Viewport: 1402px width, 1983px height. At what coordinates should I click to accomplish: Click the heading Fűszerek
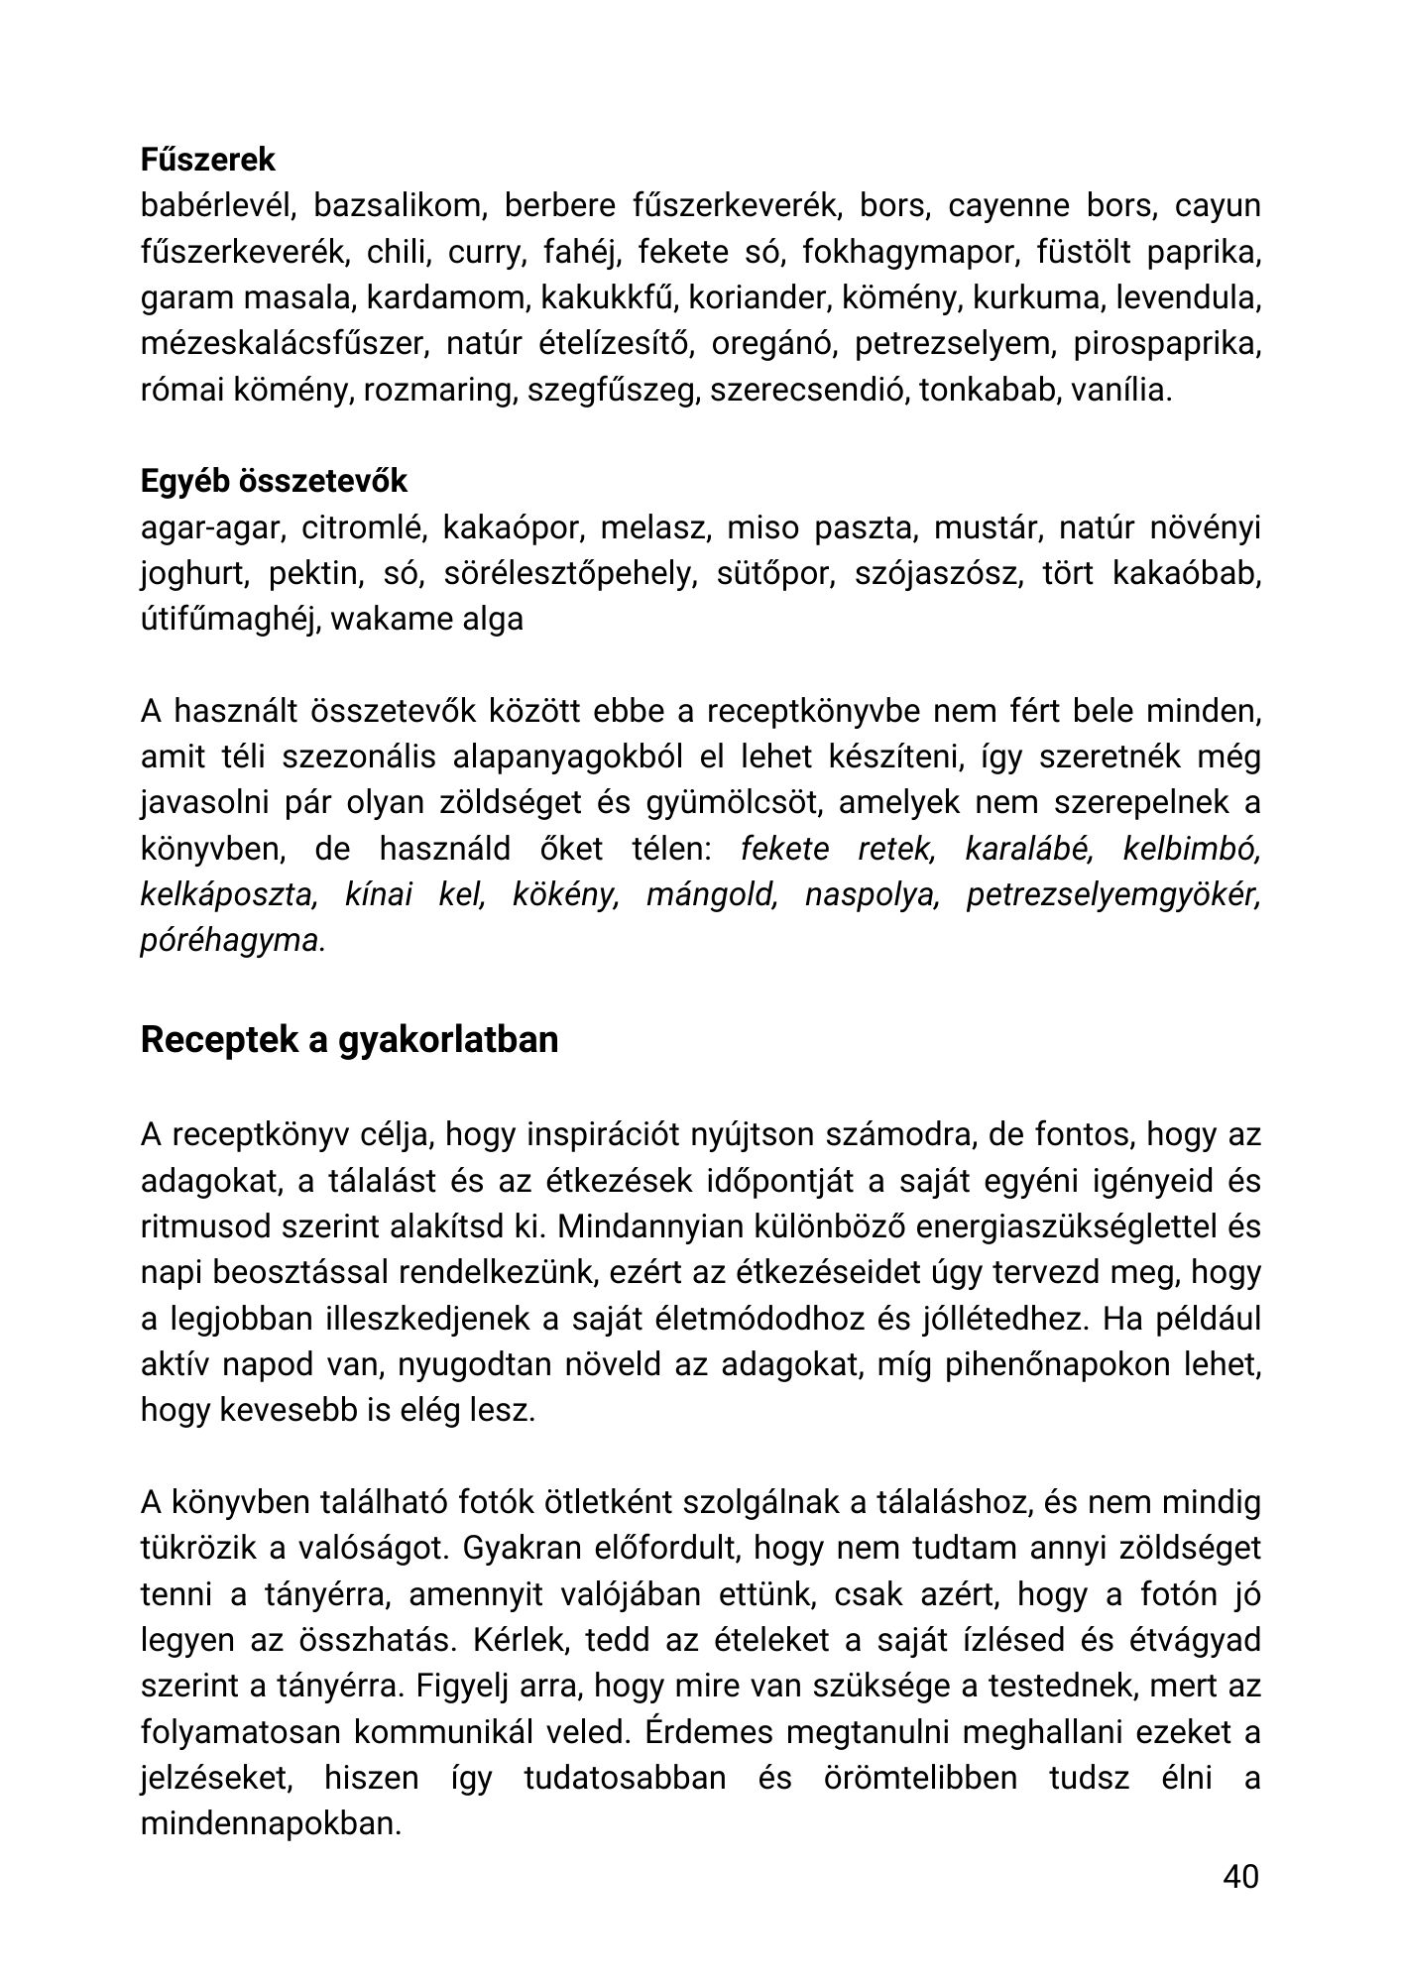point(208,160)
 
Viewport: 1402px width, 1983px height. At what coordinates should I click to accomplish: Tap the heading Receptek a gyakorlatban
point(349,1039)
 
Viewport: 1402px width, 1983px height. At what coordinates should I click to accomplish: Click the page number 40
point(1240,1876)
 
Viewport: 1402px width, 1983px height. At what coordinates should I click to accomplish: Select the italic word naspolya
point(871,894)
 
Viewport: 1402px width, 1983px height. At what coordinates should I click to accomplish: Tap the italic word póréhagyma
point(229,940)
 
